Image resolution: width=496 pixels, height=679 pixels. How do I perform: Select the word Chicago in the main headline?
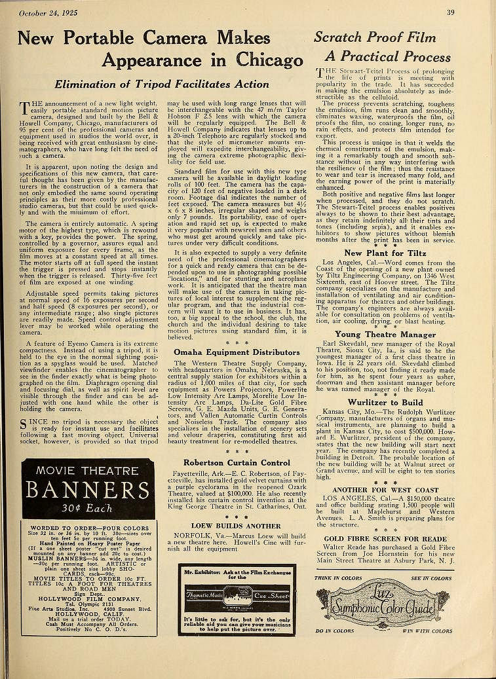pyautogui.click(x=265, y=60)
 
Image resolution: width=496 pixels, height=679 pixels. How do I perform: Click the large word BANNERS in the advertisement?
pyautogui.click(x=87, y=491)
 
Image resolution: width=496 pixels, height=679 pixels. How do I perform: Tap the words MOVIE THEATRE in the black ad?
pyautogui.click(x=87, y=471)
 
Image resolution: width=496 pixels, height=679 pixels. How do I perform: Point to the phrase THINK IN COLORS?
pyautogui.click(x=338, y=579)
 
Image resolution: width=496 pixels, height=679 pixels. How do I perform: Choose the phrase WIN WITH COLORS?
pyautogui.click(x=427, y=631)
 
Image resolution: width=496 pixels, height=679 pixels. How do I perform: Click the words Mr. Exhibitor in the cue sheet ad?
pyautogui.click(x=199, y=571)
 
